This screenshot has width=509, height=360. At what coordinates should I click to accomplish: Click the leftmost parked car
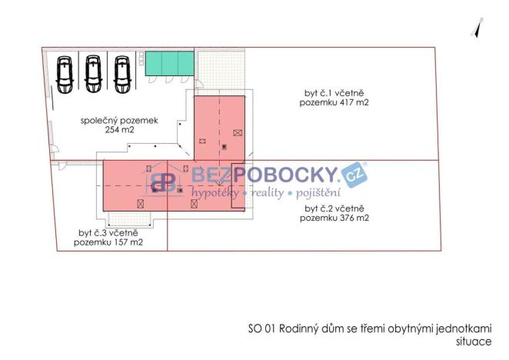point(65,75)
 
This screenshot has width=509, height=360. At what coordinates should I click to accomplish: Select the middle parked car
point(94,74)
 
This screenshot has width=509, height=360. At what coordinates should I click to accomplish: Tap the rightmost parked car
point(122,75)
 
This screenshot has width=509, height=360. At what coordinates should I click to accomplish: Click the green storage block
point(169,63)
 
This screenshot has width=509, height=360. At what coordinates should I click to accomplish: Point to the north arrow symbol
point(477,28)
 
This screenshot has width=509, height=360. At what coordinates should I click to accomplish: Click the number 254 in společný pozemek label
point(111,130)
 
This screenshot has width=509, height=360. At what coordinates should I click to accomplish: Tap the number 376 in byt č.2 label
point(346,218)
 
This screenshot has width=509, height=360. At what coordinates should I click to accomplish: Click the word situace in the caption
point(474,342)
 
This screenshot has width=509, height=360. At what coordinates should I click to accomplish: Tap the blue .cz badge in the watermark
point(354,175)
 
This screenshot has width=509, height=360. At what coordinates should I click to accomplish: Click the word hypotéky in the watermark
point(215,192)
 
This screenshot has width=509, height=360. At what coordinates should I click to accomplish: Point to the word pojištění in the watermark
point(318,192)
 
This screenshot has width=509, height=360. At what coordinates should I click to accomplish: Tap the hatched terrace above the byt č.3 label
point(130,218)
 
